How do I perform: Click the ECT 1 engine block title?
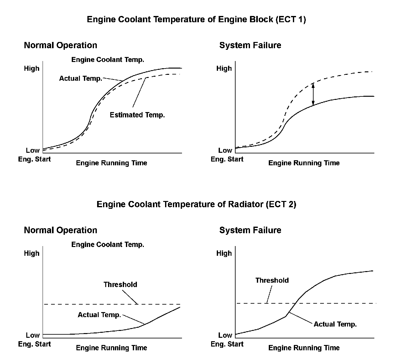(x=196, y=19)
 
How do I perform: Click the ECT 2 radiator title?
(x=196, y=204)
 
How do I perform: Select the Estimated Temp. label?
(x=137, y=115)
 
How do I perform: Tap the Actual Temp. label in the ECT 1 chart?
(x=81, y=78)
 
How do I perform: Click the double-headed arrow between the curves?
(x=313, y=94)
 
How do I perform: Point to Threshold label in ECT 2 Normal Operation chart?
(x=120, y=285)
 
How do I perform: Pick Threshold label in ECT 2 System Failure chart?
(x=272, y=280)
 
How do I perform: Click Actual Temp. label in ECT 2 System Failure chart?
(x=335, y=324)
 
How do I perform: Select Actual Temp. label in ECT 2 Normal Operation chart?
(x=99, y=315)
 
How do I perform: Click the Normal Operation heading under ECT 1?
(x=60, y=45)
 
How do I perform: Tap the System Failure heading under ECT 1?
(x=250, y=45)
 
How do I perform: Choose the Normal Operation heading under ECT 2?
(x=60, y=230)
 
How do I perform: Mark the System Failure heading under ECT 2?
(x=250, y=230)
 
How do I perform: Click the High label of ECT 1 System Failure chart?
(x=224, y=68)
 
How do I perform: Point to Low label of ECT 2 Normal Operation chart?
(x=33, y=335)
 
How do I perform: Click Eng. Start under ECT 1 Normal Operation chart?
(x=34, y=159)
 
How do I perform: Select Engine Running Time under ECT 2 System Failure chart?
(x=304, y=348)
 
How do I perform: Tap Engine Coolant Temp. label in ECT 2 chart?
(x=108, y=244)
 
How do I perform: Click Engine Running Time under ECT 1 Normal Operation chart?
(x=112, y=163)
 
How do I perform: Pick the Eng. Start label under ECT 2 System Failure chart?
(x=227, y=344)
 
